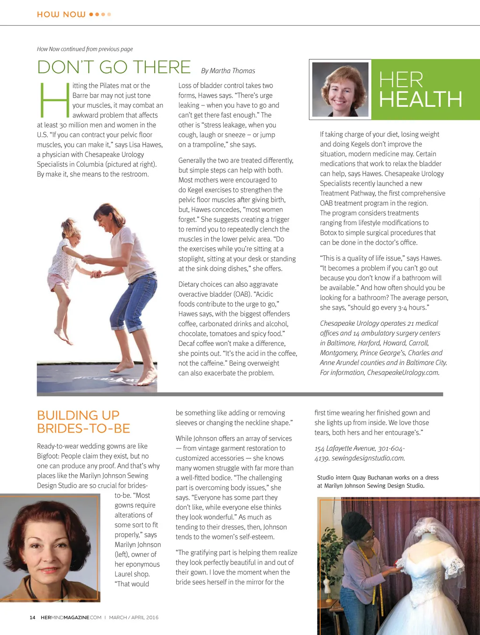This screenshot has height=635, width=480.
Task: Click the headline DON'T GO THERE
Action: tap(114, 67)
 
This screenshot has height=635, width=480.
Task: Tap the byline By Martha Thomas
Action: tap(228, 71)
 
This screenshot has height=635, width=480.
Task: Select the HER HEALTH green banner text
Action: tap(420, 90)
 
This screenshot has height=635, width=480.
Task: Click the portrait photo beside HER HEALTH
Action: tap(340, 89)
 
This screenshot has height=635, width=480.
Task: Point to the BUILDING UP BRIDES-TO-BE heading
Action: tap(83, 422)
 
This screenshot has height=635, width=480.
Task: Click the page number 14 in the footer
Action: tap(32, 618)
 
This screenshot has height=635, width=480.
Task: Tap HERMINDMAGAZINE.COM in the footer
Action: tap(71, 618)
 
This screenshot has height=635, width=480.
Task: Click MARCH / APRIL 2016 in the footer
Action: tap(134, 618)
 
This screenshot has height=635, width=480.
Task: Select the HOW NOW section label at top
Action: tap(61, 15)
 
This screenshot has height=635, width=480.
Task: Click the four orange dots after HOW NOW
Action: tap(100, 15)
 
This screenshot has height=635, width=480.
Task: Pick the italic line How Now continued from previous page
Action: tap(85, 49)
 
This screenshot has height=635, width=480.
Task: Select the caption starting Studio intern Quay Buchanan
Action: tap(378, 482)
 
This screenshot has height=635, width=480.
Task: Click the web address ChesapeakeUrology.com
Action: tap(403, 373)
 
